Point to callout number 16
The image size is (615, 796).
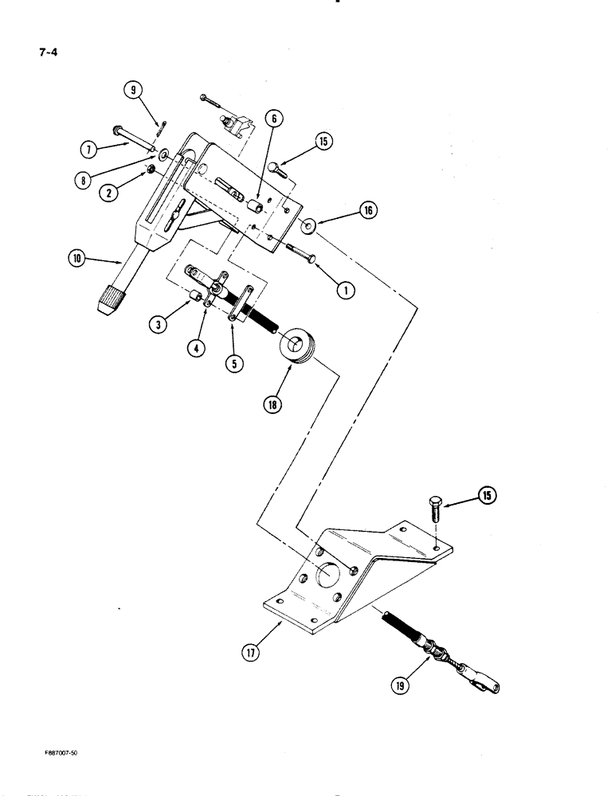pyautogui.click(x=370, y=211)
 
